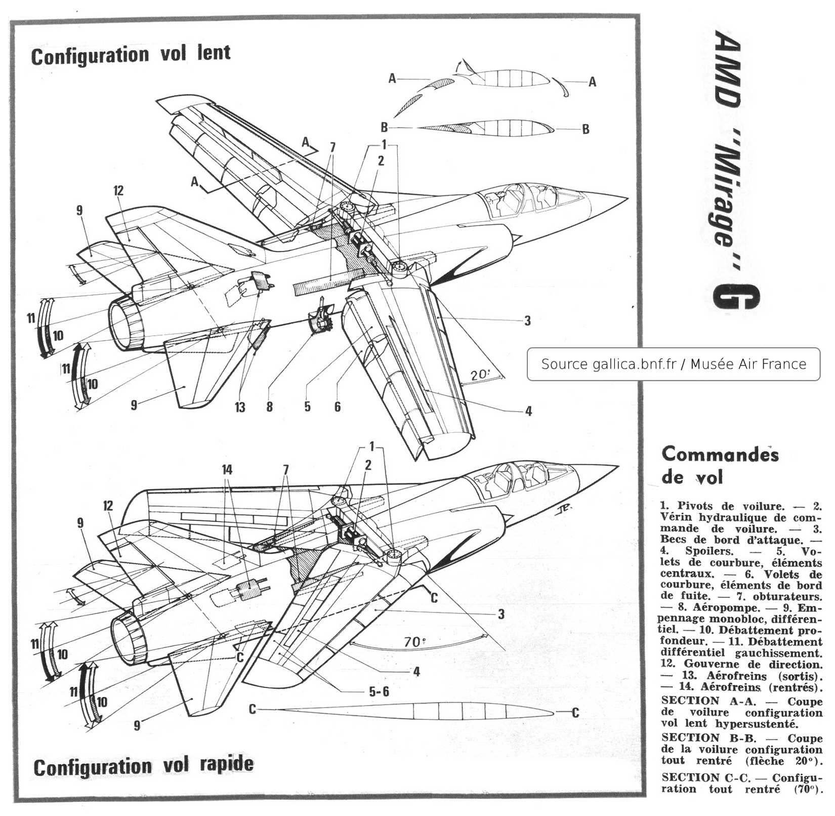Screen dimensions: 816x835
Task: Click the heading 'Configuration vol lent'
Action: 131,54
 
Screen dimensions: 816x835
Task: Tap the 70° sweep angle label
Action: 413,642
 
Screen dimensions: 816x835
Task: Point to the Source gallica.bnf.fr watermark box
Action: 673,364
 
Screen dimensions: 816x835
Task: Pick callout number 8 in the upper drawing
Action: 269,406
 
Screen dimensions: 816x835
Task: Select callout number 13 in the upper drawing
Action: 239,406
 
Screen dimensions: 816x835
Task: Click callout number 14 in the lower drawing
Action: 227,470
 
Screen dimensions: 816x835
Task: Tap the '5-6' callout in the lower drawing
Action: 379,691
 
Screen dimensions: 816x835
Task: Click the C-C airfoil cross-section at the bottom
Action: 415,712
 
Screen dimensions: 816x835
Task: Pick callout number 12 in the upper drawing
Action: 118,190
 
